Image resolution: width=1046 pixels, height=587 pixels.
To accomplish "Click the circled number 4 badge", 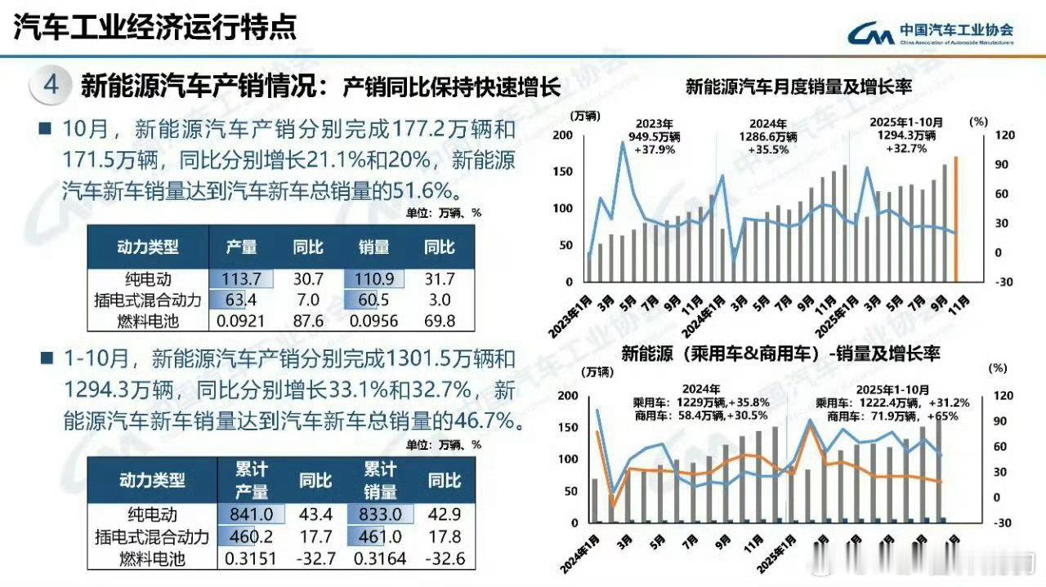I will pos(51,86).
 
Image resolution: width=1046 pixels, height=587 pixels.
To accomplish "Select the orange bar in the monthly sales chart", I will pos(955,219).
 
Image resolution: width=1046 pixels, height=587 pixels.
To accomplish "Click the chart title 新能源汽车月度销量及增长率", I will pos(798,86).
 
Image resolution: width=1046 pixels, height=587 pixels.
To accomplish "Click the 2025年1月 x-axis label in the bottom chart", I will pos(779,553).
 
